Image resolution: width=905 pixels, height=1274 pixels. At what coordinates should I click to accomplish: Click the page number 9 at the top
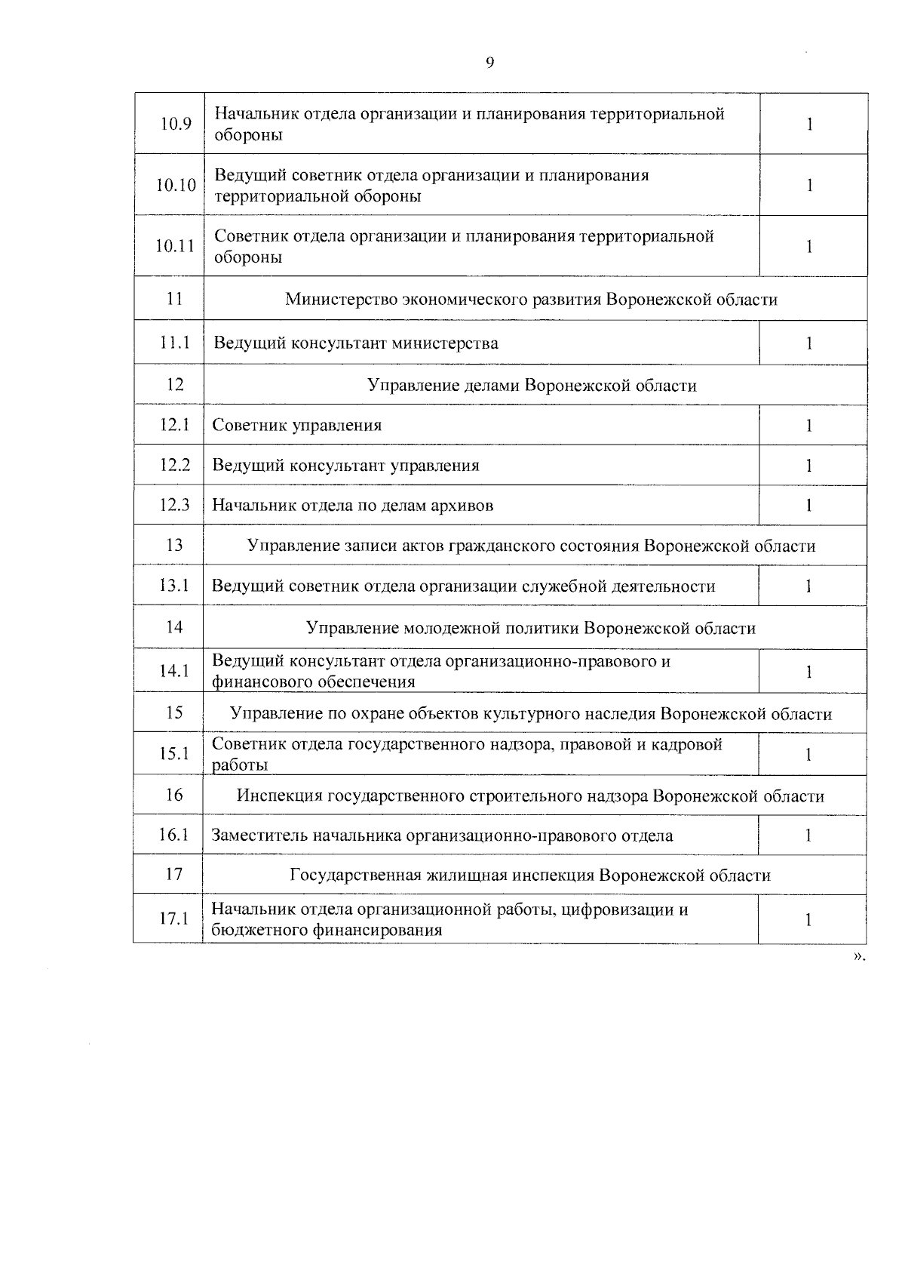click(x=489, y=63)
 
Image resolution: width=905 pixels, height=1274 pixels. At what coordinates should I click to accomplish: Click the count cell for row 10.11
click(x=809, y=247)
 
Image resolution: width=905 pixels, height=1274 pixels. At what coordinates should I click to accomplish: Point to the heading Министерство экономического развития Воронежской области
click(x=531, y=300)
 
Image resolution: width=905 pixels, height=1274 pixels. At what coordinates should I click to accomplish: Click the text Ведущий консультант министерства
click(x=356, y=343)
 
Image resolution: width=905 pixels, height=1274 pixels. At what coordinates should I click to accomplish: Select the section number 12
click(x=175, y=385)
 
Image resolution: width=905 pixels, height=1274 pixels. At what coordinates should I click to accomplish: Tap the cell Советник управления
click(x=297, y=425)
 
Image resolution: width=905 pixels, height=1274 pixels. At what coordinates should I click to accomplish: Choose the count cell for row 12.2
click(x=809, y=466)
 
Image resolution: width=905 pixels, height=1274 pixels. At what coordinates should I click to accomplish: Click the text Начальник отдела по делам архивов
click(x=353, y=506)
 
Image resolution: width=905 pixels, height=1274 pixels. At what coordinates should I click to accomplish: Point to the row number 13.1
click(x=174, y=586)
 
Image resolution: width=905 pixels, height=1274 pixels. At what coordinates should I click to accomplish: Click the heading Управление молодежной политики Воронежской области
click(x=531, y=628)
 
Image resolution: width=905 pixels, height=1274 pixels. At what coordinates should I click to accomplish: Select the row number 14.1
click(x=174, y=671)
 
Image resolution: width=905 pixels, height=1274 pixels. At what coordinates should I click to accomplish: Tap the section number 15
click(x=174, y=713)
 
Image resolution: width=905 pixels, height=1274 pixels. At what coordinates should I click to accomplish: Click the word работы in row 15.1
click(x=241, y=765)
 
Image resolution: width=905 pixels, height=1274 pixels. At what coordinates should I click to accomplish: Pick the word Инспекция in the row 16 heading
click(x=272, y=796)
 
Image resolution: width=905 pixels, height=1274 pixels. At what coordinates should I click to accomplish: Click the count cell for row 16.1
click(x=808, y=835)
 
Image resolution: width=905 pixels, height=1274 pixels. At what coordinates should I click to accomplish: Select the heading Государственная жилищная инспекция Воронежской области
click(x=530, y=875)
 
